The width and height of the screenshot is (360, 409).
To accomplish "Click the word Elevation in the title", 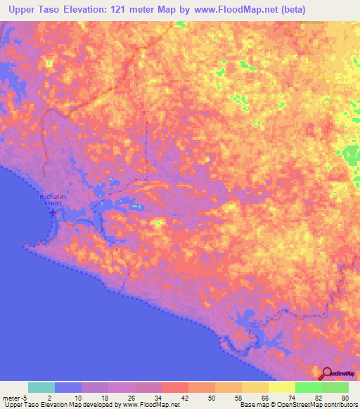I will tap(84, 9).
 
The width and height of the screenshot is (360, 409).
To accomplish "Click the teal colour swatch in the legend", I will tap(41, 387).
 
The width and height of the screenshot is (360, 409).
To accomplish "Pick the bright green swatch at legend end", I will tap(335, 387).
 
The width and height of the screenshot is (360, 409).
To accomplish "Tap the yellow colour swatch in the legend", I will tap(282, 387).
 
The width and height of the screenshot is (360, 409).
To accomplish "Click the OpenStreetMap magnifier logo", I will tap(328, 373).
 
